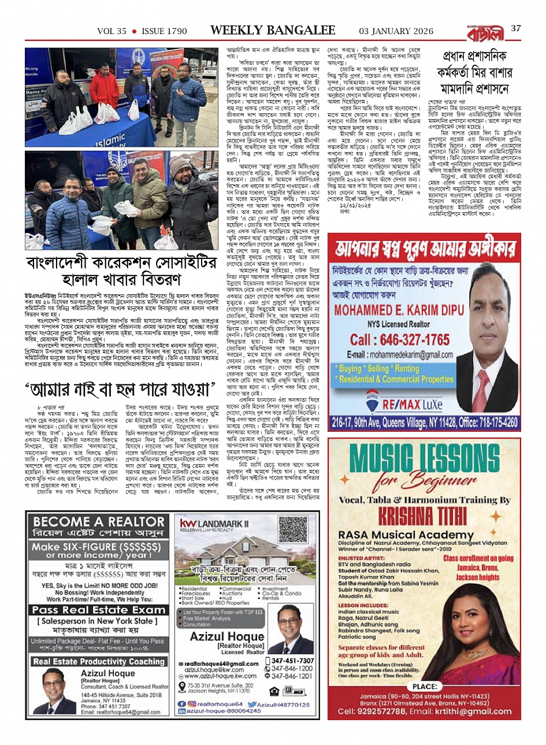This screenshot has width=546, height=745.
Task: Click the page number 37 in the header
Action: (516, 28)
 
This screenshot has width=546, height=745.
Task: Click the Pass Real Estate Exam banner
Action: (99, 610)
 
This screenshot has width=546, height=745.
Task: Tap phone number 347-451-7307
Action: (292, 661)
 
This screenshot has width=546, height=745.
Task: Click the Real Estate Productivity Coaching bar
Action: (99, 661)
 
